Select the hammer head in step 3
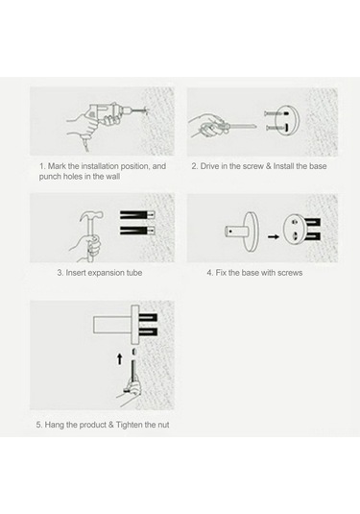point(92,215)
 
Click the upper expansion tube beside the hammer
point(137,215)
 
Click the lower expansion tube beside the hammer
point(137,231)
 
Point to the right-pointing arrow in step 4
point(274,236)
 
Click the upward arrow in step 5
point(120,359)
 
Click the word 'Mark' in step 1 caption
point(57,166)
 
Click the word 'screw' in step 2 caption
point(252,166)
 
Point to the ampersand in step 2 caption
point(269,166)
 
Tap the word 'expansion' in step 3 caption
point(106,273)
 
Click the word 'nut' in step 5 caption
point(163,425)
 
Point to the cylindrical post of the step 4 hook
point(234,232)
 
